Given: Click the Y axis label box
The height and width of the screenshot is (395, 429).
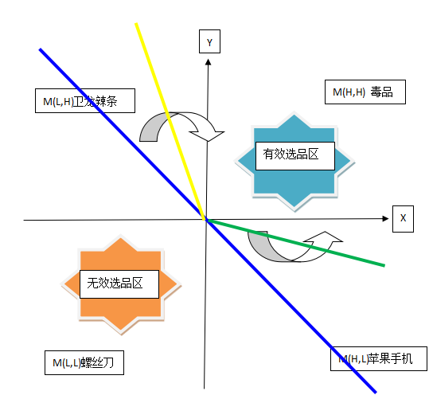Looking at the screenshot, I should [209, 42].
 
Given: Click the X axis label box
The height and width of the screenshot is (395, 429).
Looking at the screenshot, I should [403, 218].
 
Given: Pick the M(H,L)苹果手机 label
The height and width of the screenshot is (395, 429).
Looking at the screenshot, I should [379, 358].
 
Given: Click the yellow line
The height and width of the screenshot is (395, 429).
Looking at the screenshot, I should [170, 119].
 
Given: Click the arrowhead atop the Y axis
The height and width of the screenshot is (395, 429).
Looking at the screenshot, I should [207, 64].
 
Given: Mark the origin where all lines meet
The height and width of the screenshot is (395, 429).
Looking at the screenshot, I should [206, 219].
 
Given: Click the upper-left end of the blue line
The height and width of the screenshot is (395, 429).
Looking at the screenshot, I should [41, 50].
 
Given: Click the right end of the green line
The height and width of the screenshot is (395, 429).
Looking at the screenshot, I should [384, 264].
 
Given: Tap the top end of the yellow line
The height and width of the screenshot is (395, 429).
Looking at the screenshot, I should [137, 25].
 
